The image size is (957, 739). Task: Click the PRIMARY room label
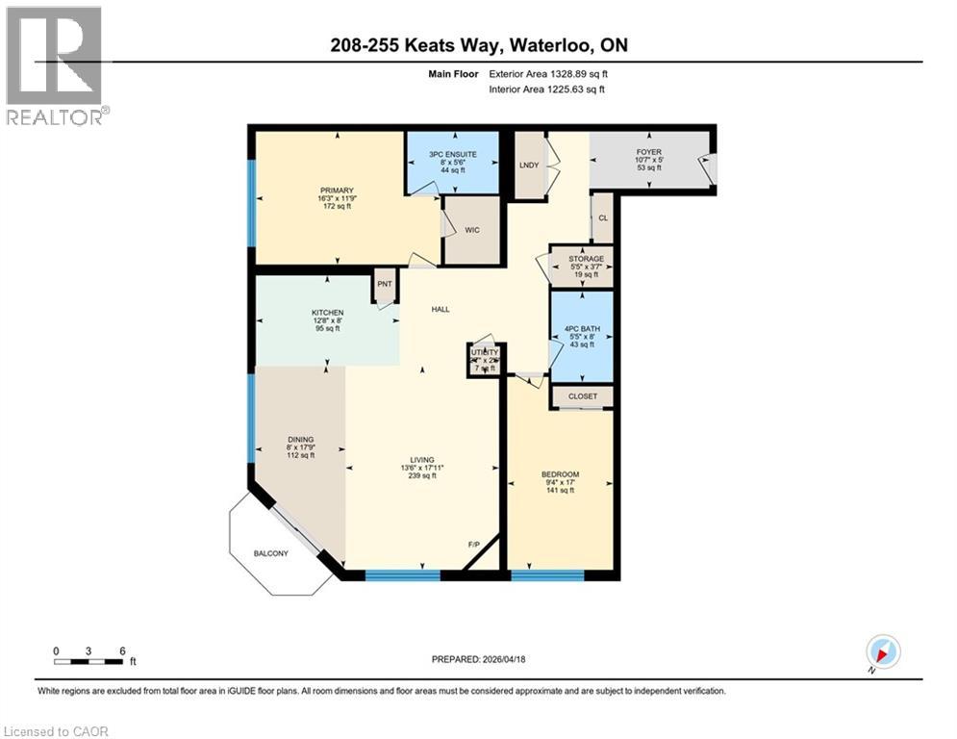tap(338, 191)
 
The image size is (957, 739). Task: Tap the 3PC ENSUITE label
tap(452, 151)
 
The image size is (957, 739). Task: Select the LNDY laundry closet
tap(529, 166)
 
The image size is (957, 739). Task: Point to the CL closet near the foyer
tap(603, 217)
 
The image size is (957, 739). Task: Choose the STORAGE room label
tap(586, 259)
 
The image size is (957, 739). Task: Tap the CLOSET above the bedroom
tap(582, 396)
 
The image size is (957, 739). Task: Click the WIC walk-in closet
tap(471, 231)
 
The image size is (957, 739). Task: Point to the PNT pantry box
tap(385, 284)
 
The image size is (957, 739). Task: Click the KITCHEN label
tap(327, 314)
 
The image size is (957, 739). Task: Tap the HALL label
tap(441, 309)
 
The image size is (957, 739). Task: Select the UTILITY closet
tap(484, 354)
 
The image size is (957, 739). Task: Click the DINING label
tap(299, 441)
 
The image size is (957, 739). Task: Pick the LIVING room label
tap(421, 460)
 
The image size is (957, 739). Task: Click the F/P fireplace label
tap(473, 545)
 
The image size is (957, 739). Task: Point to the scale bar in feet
tap(88, 661)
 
